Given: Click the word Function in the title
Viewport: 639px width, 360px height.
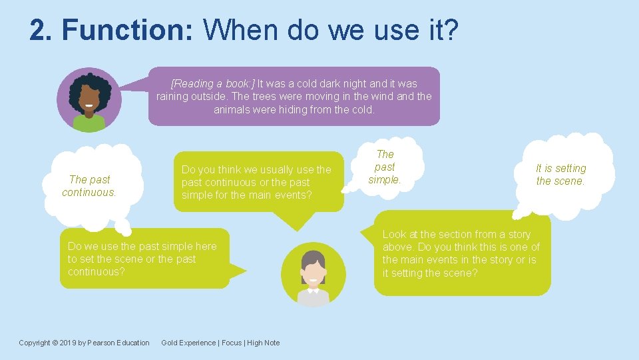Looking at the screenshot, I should [x=126, y=31].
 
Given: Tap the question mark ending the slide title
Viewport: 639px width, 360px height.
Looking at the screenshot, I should [x=451, y=31].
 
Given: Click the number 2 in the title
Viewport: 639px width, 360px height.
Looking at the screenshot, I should [x=38, y=31].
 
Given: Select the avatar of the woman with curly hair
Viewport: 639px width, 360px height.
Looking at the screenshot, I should [x=89, y=100].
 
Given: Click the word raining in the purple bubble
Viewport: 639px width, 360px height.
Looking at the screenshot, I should [x=175, y=97].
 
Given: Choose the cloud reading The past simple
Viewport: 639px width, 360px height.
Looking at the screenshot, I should [x=385, y=167].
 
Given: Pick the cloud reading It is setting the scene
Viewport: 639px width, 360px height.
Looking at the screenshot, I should [x=561, y=175].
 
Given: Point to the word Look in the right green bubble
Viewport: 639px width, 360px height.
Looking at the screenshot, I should [x=394, y=234].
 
